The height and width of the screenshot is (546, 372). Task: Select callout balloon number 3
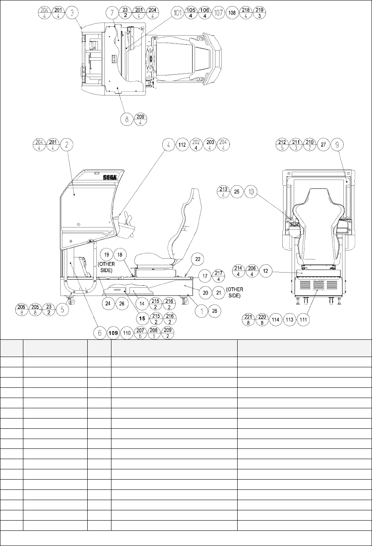[72, 12]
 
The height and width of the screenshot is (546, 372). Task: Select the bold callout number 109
[113, 334]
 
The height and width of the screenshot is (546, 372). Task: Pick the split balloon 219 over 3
[259, 12]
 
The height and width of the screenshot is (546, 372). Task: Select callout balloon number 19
[107, 255]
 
